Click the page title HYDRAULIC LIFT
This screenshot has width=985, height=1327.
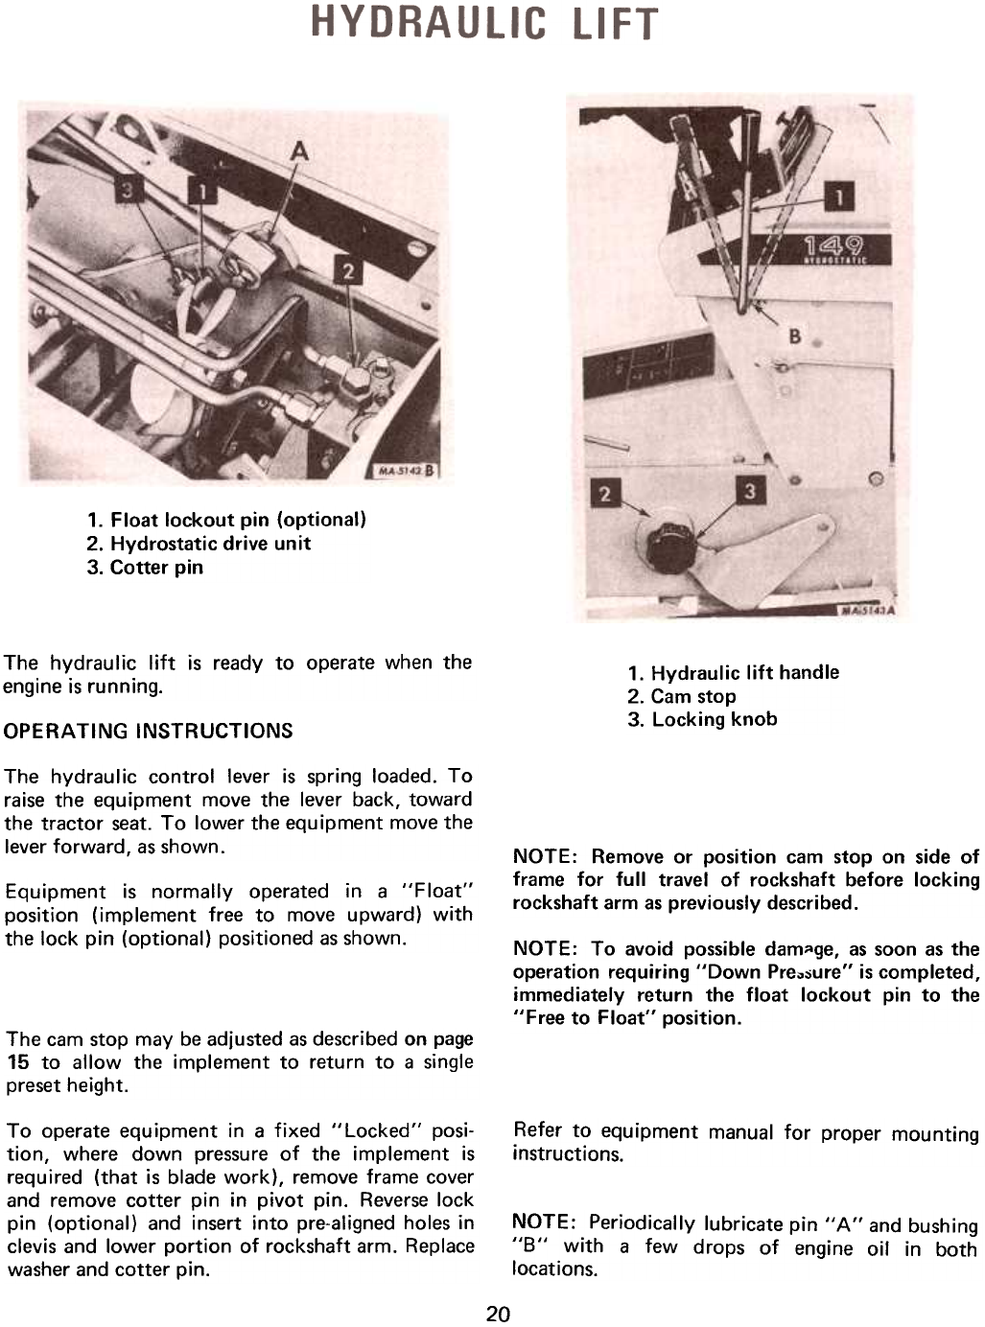point(484,23)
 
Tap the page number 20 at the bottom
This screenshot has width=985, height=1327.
point(498,1313)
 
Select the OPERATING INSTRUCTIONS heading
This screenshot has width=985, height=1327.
point(149,731)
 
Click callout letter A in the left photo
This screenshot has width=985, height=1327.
point(300,151)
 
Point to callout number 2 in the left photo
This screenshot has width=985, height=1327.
point(347,271)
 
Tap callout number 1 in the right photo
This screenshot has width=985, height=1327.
point(840,198)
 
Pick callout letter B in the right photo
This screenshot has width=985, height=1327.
point(794,337)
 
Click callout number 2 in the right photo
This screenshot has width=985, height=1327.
point(605,494)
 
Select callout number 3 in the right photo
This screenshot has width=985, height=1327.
point(750,491)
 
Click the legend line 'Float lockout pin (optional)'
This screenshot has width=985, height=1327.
point(227,520)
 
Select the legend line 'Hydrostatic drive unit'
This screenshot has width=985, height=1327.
point(199,544)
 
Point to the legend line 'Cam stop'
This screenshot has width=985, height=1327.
point(682,696)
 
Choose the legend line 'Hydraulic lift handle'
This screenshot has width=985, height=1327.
point(734,672)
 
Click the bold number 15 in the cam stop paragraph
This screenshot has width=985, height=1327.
point(18,1062)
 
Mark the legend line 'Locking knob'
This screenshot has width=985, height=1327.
point(703,719)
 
